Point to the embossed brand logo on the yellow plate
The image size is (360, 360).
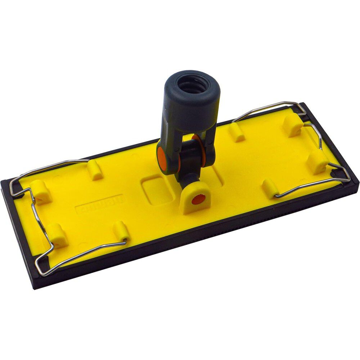pyautogui.click(x=100, y=204)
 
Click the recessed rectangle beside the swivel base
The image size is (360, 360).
pyautogui.click(x=157, y=190)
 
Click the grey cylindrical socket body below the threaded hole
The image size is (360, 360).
pyautogui.click(x=191, y=108)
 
